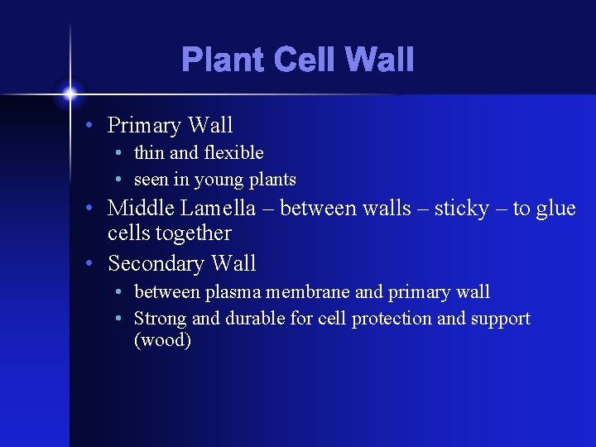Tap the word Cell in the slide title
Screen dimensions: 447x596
pos(300,60)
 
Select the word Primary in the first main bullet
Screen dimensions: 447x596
pos(144,126)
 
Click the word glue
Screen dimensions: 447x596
pos(555,209)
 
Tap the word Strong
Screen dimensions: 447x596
pos(159,319)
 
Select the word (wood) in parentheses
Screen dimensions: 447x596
pos(162,340)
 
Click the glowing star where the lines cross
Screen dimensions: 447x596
pos(70,93)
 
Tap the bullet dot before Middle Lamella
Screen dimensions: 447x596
pos(96,209)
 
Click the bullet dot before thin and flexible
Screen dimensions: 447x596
pos(121,154)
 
